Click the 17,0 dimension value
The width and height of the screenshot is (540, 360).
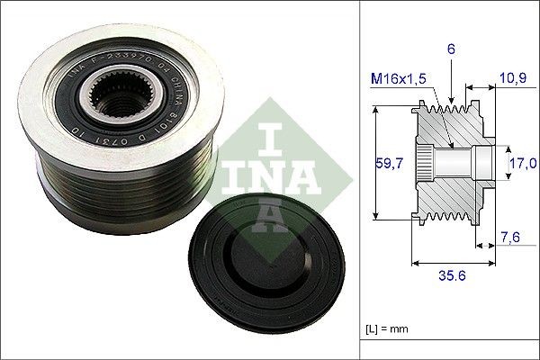tap(525, 163)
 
